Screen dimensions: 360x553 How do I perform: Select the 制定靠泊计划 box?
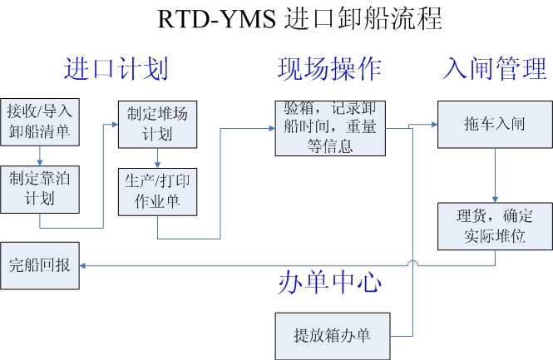(x=39, y=189)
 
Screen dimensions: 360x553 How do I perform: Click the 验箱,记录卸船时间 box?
(x=330, y=127)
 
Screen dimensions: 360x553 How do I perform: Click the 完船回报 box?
(x=39, y=266)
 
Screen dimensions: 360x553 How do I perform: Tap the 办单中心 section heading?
(x=329, y=283)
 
